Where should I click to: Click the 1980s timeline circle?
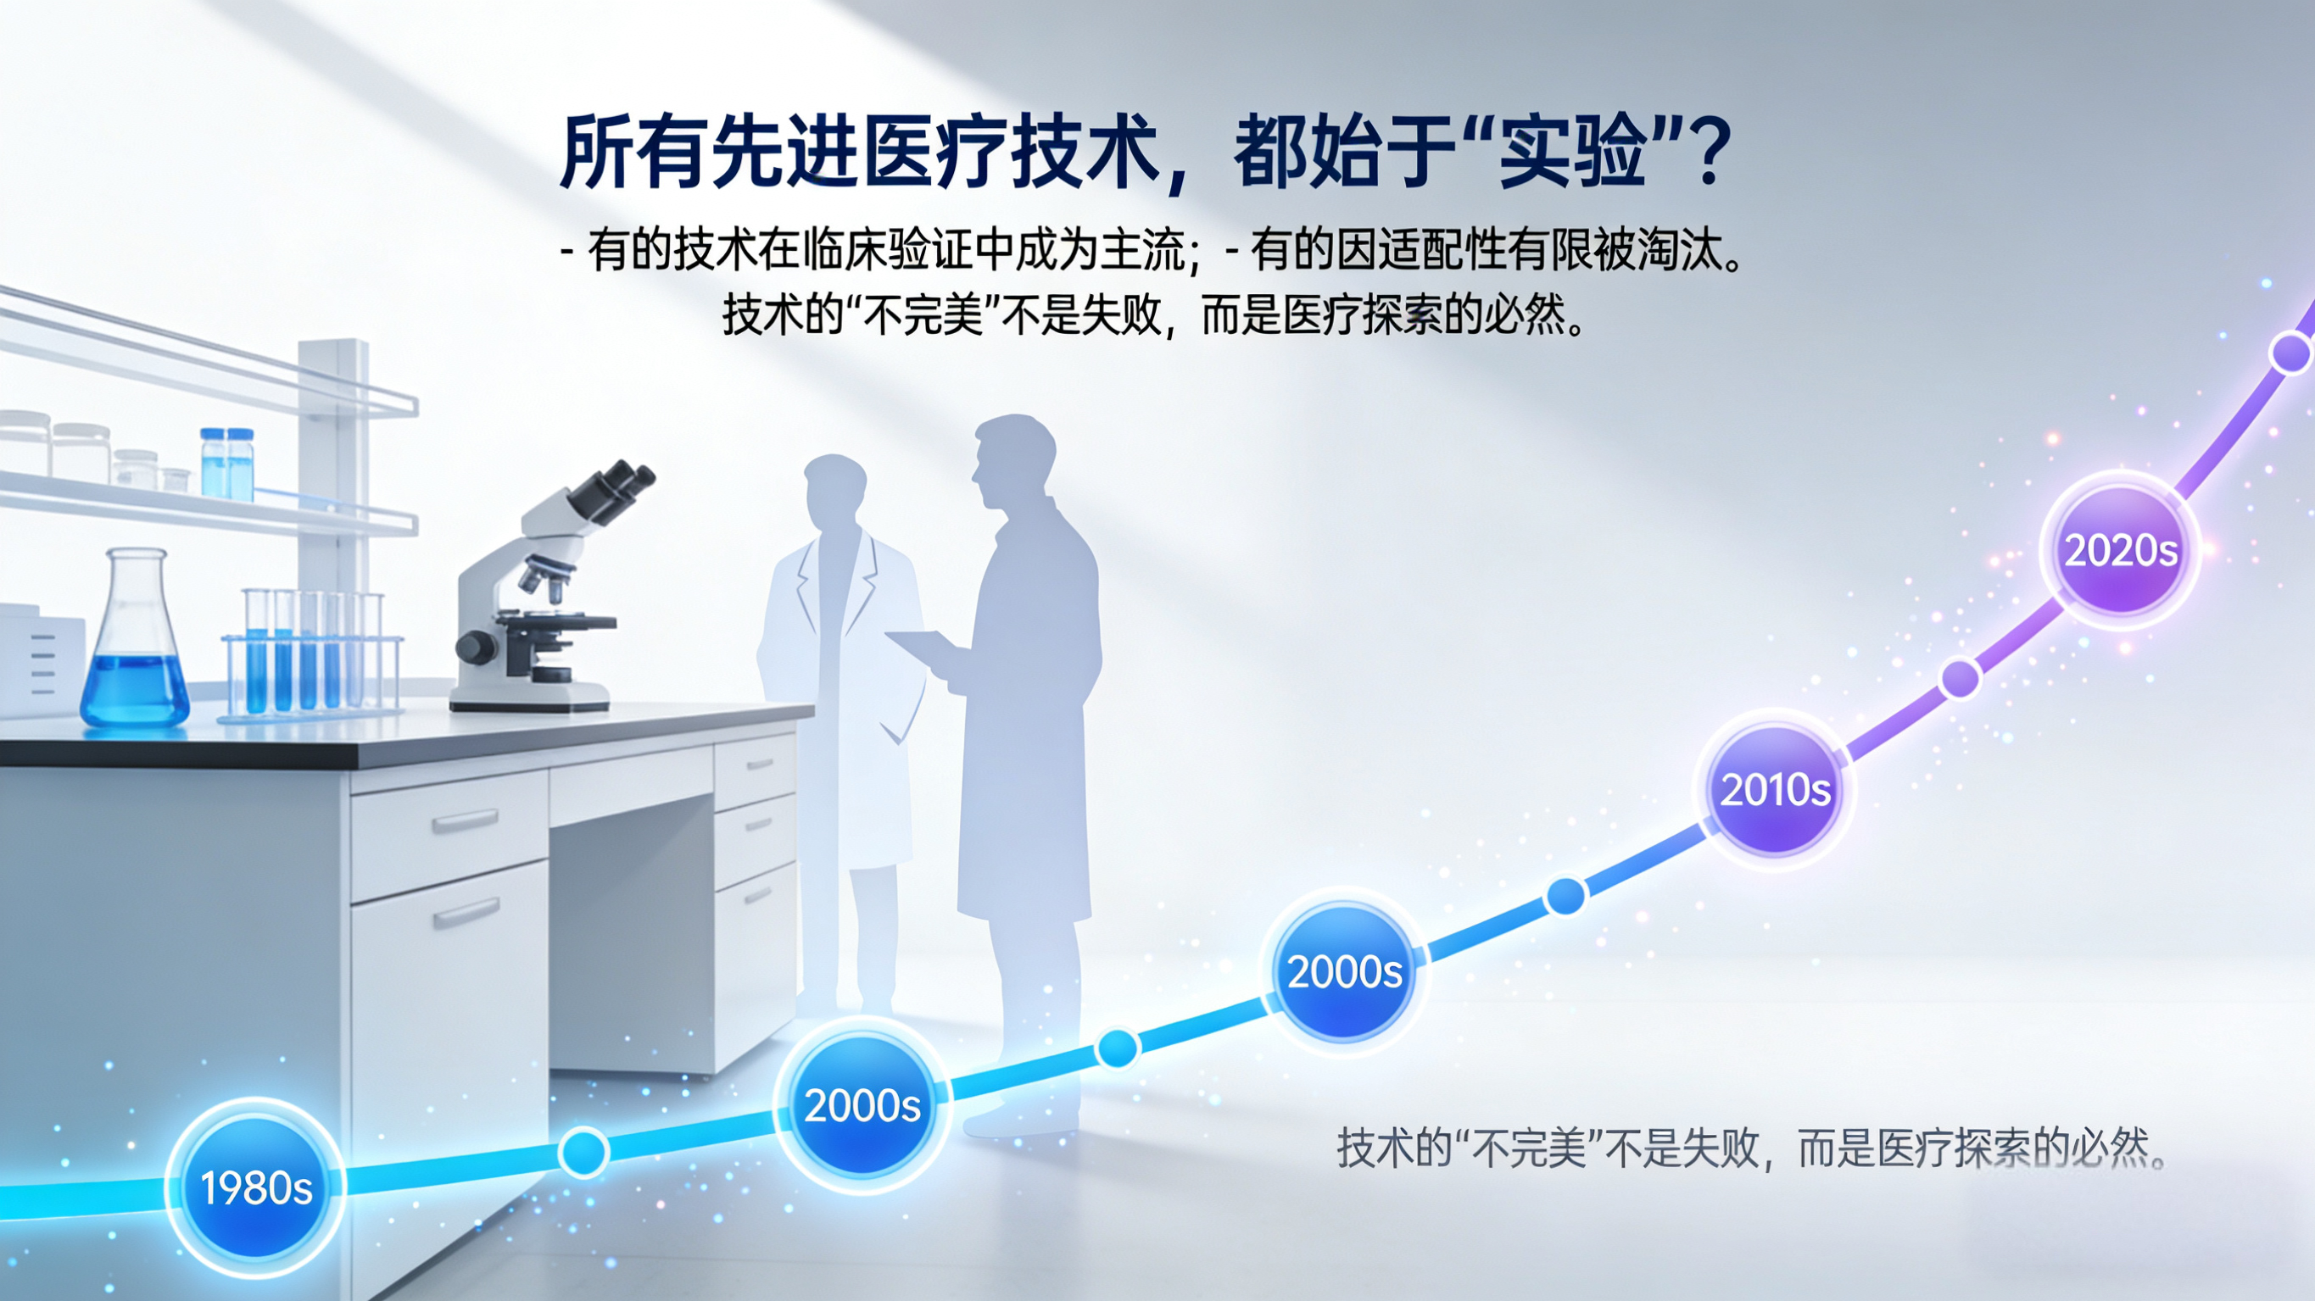(x=256, y=1187)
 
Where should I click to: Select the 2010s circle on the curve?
(x=1775, y=789)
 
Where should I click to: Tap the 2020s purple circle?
(x=2121, y=550)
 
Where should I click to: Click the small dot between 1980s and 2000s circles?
(x=584, y=1151)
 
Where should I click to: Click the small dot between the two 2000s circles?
(x=1117, y=1048)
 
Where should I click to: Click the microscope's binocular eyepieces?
(x=611, y=492)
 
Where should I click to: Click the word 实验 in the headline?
(x=1573, y=151)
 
